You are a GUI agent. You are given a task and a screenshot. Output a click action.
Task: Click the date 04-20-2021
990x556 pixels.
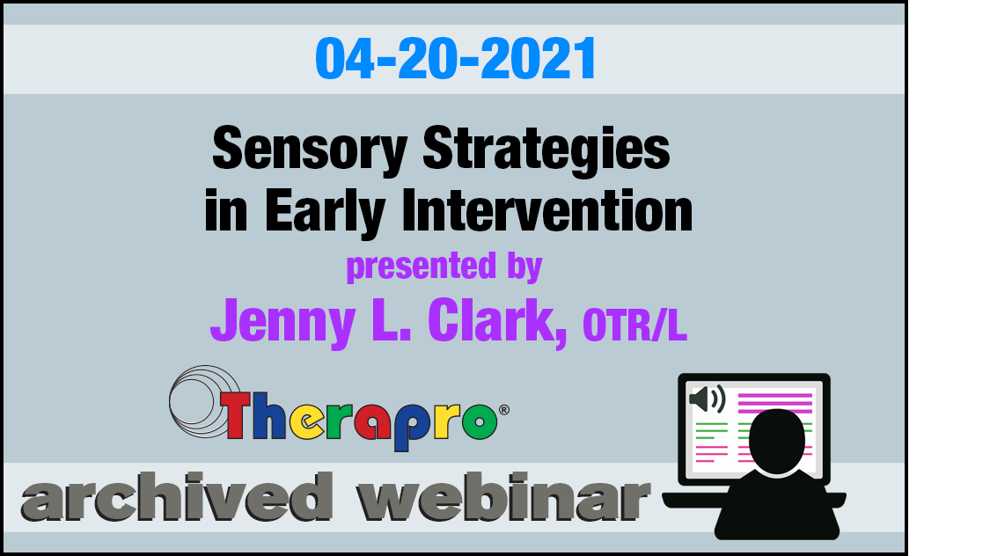tap(455, 59)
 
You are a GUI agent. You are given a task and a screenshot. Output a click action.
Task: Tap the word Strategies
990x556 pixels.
tap(546, 150)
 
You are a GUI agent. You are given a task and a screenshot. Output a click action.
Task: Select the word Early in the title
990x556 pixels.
tap(325, 212)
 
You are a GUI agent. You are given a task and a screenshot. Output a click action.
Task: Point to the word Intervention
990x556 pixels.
tap(546, 211)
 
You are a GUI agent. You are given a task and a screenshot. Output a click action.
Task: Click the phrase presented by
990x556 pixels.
tap(444, 267)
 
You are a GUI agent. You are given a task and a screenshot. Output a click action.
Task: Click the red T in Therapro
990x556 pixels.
tap(236, 413)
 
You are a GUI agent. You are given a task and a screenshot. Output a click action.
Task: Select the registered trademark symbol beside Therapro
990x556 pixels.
tap(504, 410)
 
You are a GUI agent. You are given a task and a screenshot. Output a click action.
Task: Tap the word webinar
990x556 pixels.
tap(503, 497)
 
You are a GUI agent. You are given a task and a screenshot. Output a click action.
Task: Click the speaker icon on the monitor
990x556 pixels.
tap(708, 399)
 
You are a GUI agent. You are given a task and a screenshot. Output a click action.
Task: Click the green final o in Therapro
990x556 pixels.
tap(480, 421)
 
